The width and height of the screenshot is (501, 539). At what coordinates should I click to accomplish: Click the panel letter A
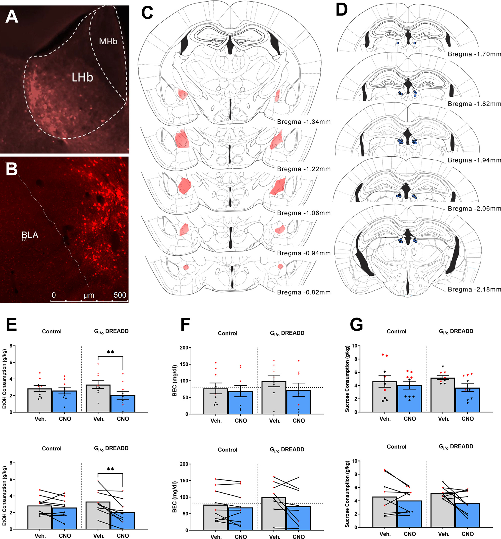tap(12, 16)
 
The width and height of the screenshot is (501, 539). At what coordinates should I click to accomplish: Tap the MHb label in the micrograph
tap(108, 42)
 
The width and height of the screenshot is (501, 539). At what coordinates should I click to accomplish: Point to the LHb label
tap(82, 78)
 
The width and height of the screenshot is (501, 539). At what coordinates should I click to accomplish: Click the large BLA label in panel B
tap(30, 235)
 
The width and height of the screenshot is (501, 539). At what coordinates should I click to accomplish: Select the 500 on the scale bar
tap(120, 295)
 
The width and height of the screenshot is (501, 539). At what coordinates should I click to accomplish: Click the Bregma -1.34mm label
tap(304, 122)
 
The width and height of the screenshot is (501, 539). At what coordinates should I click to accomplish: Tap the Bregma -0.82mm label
tap(304, 292)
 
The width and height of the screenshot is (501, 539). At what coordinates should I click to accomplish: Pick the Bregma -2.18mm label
tap(474, 289)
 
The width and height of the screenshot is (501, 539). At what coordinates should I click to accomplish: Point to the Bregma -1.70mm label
tap(474, 54)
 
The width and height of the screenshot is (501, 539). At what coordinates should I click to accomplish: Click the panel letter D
tap(341, 10)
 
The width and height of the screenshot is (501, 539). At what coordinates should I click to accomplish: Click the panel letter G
tap(356, 324)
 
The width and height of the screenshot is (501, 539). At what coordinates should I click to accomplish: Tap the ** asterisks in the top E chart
tap(110, 352)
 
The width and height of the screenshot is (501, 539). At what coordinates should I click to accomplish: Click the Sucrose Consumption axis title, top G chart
tap(347, 379)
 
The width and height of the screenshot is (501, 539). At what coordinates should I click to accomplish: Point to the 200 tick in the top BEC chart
tap(184, 348)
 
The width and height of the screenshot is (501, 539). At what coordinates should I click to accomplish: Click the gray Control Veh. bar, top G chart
tap(385, 397)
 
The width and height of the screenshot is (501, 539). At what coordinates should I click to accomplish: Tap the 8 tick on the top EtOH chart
tap(11, 346)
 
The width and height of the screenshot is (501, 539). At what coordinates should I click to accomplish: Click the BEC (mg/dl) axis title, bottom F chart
tap(174, 497)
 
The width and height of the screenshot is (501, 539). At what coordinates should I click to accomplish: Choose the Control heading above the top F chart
tap(227, 333)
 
